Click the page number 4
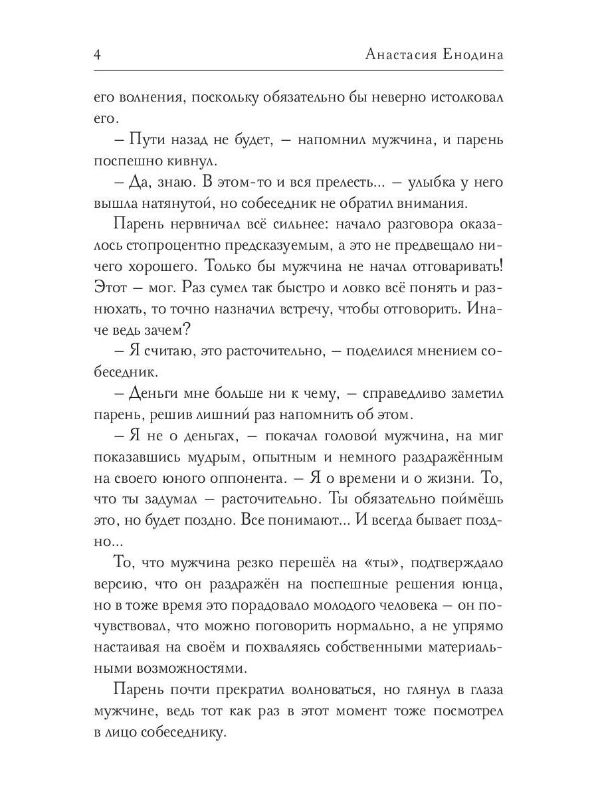pyautogui.click(x=97, y=55)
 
